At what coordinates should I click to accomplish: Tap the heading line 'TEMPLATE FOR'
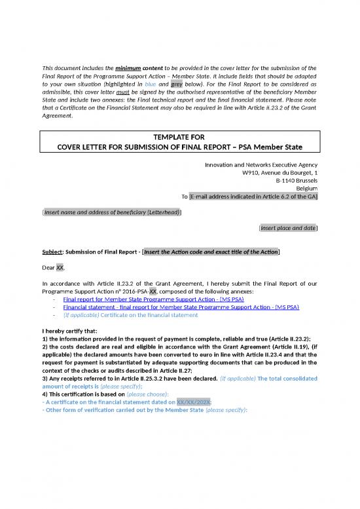[x=179, y=136]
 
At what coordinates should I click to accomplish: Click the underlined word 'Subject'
[x=54, y=252]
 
